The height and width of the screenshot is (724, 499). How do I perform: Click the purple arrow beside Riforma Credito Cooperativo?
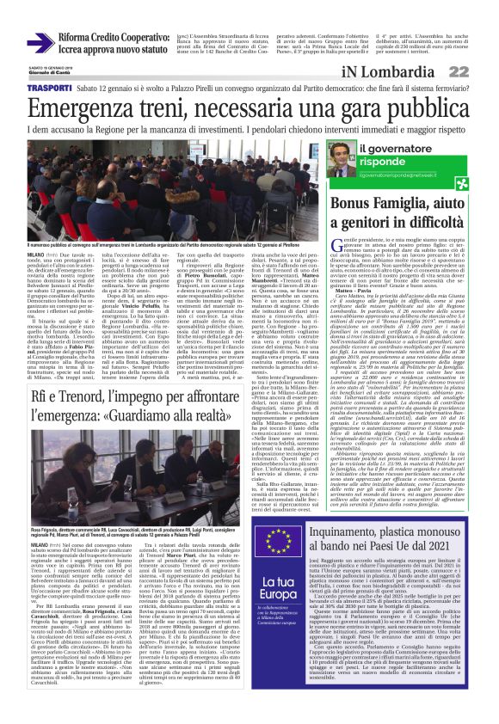pyautogui.click(x=38, y=42)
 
